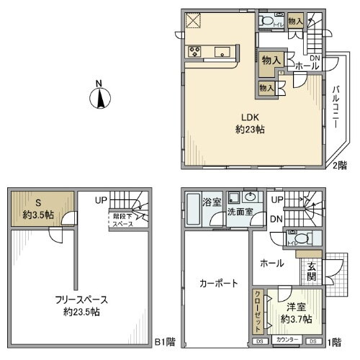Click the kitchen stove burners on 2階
pyautogui.click(x=194, y=50)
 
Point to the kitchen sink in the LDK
pyautogui.click(x=223, y=51)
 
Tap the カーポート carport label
pyautogui.click(x=217, y=284)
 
